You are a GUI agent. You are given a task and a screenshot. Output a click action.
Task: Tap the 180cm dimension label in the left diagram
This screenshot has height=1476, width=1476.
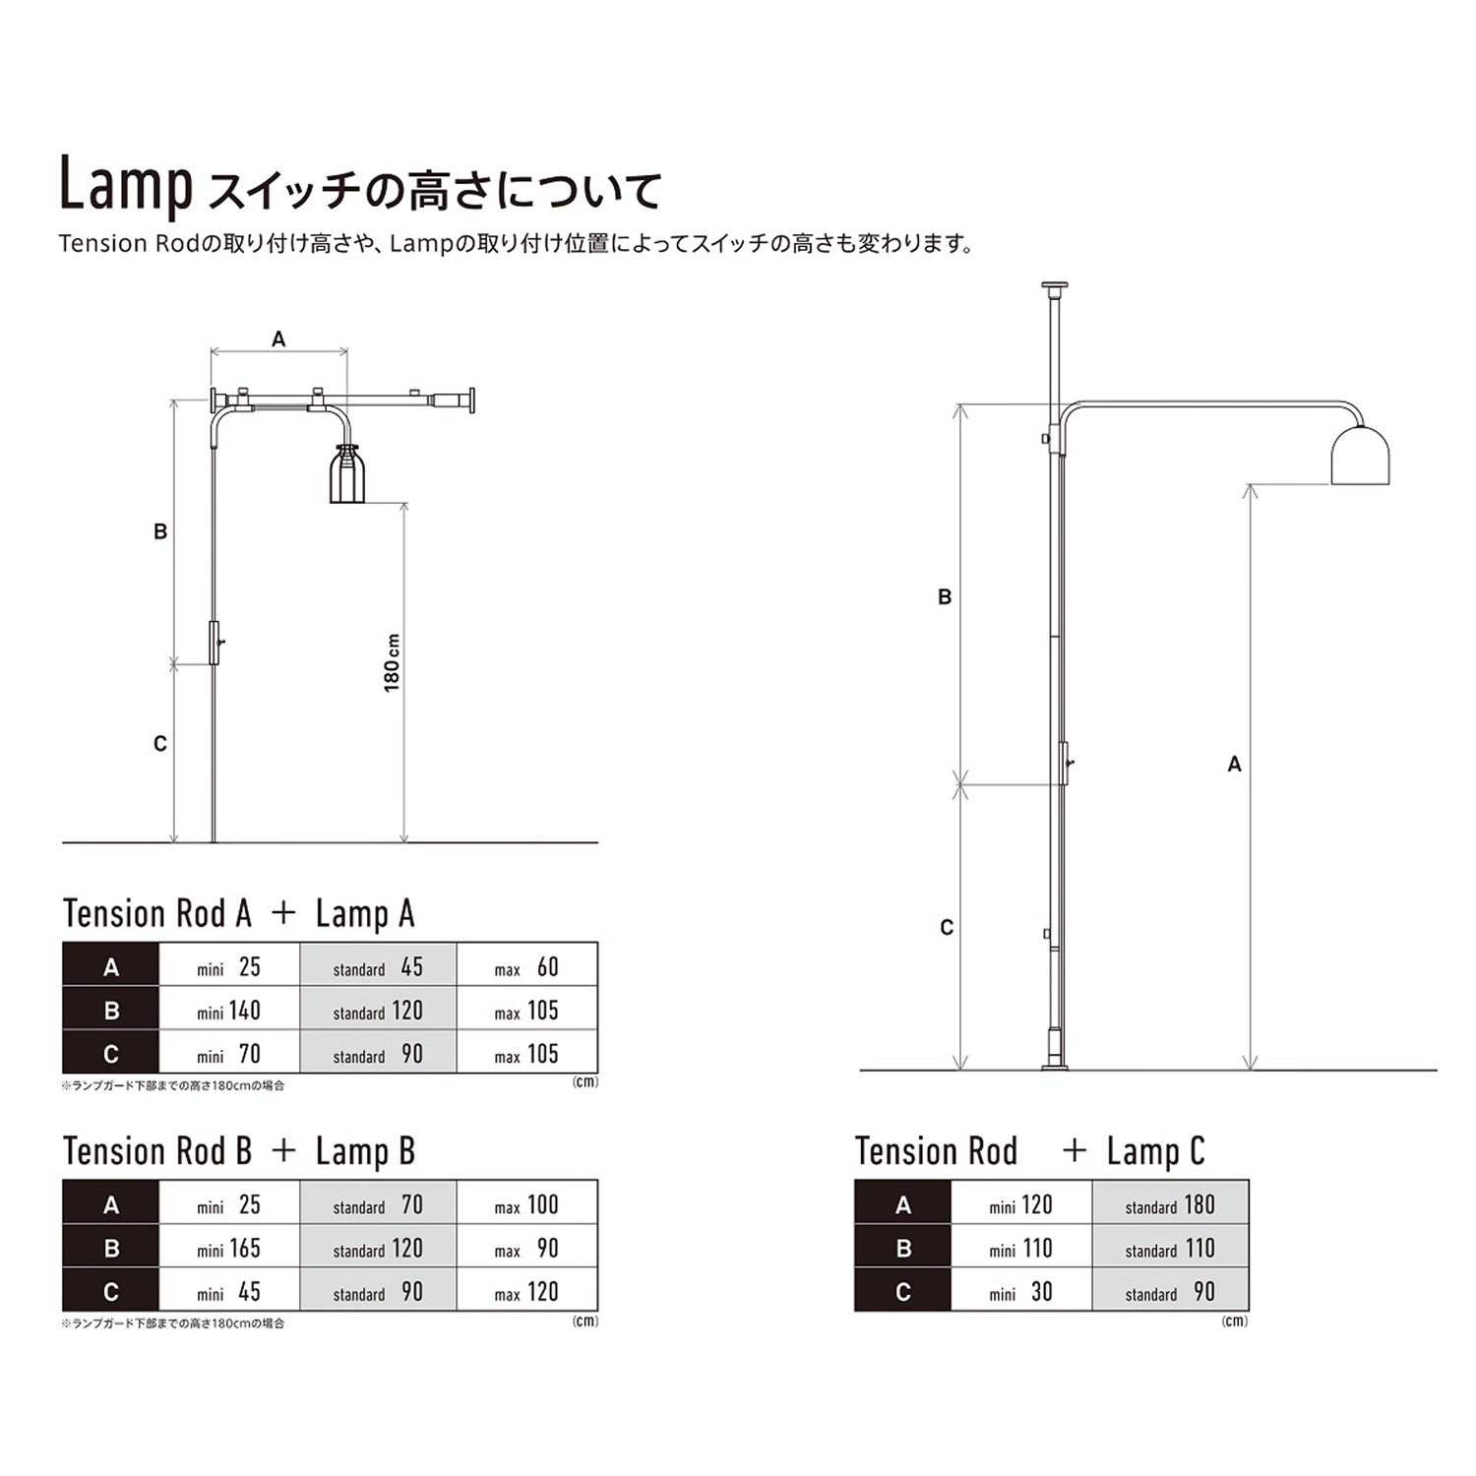click(x=392, y=662)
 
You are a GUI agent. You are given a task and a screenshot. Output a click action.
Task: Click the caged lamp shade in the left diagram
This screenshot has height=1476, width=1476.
click(x=346, y=474)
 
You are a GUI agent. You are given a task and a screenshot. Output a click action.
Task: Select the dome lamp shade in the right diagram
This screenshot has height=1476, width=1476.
click(x=1360, y=456)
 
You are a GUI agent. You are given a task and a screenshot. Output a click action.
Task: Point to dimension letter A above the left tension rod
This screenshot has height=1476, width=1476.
click(x=278, y=339)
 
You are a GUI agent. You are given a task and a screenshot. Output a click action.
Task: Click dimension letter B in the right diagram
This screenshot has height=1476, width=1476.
click(x=945, y=597)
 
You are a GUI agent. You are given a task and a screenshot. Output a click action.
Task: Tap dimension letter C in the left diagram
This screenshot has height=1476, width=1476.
click(x=160, y=744)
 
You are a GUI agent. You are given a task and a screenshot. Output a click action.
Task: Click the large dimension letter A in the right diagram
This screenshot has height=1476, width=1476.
click(x=1235, y=765)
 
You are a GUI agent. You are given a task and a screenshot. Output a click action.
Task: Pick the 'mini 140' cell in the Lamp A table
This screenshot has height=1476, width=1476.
click(x=229, y=1010)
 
